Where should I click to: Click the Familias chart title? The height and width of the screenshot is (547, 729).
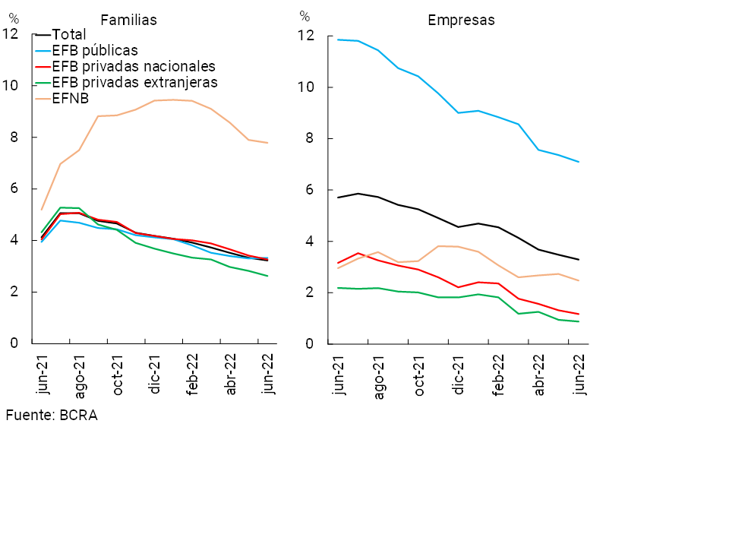click(129, 21)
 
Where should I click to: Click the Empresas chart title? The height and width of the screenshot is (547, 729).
click(461, 21)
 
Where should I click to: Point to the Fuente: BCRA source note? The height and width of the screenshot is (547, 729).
click(52, 416)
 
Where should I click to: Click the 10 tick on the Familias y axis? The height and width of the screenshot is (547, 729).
click(11, 85)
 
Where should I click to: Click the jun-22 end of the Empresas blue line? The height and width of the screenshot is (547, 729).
click(579, 162)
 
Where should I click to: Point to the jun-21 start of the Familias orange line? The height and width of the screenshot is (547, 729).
click(42, 210)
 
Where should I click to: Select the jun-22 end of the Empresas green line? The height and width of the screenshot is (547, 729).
click(579, 321)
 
